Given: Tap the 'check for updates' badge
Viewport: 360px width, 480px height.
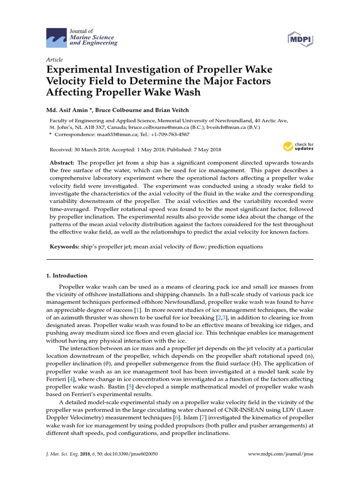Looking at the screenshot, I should [298, 147].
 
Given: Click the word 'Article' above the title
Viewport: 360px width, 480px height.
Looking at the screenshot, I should [54, 60].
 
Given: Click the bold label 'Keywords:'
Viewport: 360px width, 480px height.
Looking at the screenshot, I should [64, 246].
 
